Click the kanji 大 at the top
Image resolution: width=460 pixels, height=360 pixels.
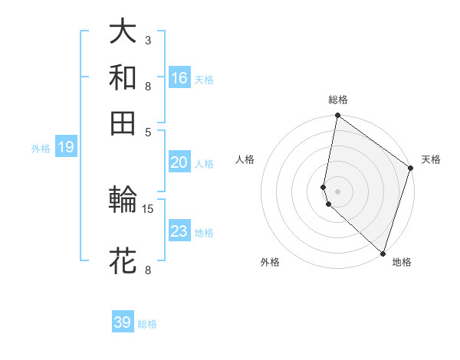coord(123,33)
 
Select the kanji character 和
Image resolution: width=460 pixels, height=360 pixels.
coord(123,77)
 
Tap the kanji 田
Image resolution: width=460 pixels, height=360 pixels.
coord(123,123)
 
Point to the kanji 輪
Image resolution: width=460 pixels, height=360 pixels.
coord(123,200)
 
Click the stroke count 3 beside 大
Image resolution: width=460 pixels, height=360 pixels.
coord(147,40)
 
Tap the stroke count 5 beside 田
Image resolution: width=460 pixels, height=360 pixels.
coord(148,131)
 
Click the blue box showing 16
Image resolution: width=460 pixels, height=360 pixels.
coord(179,77)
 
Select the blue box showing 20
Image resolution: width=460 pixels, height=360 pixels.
coord(179,162)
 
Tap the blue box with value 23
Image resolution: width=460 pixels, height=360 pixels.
coord(179,231)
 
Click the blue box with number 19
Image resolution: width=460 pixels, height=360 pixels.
coord(66,147)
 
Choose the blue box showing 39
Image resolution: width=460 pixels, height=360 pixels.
coord(123,322)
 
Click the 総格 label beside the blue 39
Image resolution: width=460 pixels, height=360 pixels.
coord(148,324)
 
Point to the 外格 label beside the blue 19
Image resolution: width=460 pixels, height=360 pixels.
coord(41,149)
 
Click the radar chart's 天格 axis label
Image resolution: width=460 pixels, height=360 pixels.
coord(431,160)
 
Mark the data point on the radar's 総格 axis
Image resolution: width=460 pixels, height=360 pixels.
coord(337,116)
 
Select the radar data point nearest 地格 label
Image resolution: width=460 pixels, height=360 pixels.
coord(382,253)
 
